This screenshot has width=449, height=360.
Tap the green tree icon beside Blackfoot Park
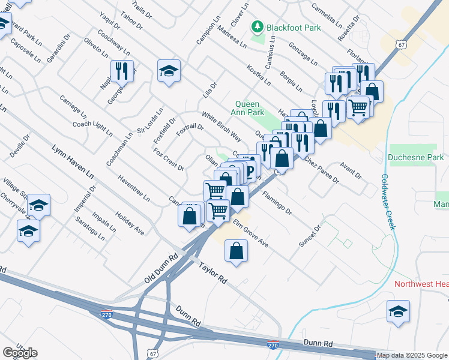258,26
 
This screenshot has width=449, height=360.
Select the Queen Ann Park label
249,107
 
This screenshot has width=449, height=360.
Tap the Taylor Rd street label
212,271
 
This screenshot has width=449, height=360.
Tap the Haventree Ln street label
133,188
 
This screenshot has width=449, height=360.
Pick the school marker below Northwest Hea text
397,311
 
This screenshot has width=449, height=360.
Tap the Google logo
20,353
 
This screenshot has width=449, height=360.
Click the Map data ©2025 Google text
411,355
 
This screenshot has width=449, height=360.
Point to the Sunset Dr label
310,235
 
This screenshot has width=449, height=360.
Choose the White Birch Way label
221,127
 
